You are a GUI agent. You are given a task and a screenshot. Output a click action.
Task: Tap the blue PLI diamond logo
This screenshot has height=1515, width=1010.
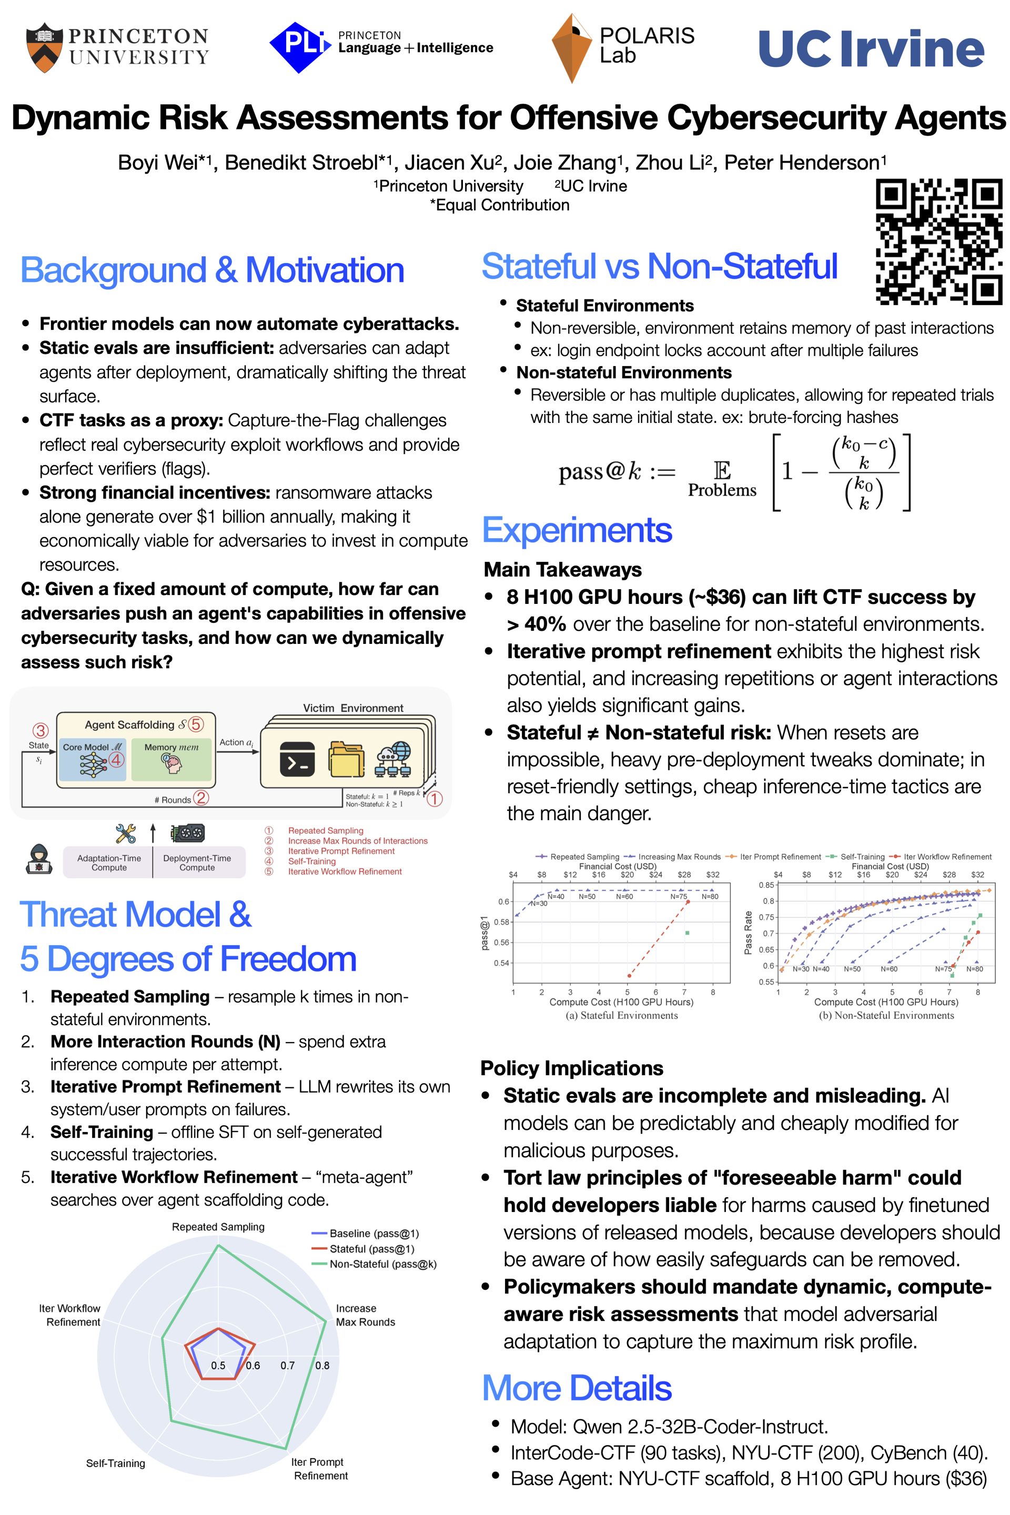[298, 46]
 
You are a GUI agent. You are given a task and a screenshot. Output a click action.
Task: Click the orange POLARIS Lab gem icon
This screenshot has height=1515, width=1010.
[571, 48]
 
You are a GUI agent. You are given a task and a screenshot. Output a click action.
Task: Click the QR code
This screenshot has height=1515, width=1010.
[938, 241]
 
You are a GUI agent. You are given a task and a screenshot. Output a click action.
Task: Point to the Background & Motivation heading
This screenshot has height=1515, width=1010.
[212, 270]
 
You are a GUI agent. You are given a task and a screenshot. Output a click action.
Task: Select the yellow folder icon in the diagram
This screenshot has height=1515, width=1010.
[346, 760]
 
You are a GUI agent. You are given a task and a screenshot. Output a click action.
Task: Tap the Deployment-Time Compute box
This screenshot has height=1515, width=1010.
[197, 863]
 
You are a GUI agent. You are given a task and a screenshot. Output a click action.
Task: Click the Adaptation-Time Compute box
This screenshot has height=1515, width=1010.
[109, 863]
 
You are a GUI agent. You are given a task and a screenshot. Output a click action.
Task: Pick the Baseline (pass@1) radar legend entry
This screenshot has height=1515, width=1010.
[365, 1234]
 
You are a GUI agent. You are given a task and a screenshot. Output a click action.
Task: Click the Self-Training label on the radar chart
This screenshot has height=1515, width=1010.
[116, 1463]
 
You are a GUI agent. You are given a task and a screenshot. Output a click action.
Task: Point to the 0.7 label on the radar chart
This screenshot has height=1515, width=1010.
[287, 1366]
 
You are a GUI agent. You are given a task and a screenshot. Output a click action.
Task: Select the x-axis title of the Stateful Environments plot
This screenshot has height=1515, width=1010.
[621, 1002]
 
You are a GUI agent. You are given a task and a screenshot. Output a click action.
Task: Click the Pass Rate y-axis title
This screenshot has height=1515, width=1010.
[749, 932]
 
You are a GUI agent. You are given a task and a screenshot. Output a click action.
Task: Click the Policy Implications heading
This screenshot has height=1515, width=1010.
[571, 1068]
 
